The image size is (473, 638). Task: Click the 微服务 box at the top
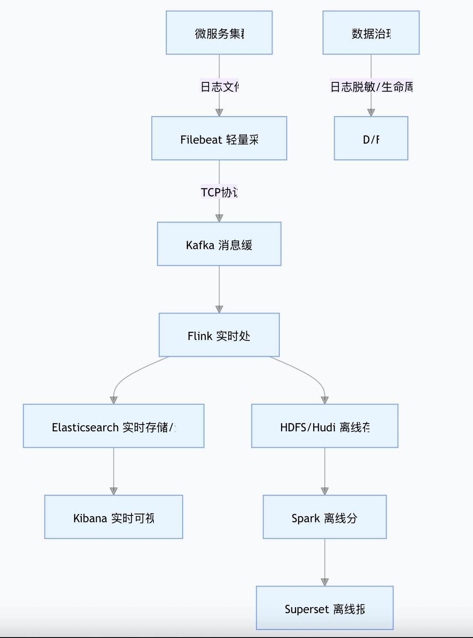point(219,33)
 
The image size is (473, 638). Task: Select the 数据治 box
point(371,33)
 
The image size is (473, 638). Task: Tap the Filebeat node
point(219,138)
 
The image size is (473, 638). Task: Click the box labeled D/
point(371,138)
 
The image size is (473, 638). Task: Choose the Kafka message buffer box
point(219,244)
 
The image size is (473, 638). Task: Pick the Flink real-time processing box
point(219,335)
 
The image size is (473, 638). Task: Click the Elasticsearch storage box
point(114,426)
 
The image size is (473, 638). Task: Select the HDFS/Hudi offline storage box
point(324,426)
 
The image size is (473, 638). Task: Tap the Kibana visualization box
point(114,517)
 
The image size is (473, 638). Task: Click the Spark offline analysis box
point(324,517)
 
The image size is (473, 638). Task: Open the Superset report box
point(324,608)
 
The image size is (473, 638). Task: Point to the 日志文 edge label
point(219,87)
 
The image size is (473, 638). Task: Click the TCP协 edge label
point(219,192)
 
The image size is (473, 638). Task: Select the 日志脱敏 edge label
point(371,87)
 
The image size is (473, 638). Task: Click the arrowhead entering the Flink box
point(219,310)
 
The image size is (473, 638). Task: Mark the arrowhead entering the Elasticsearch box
point(114,400)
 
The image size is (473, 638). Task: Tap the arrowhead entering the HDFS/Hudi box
point(325,400)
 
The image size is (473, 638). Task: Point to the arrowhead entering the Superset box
point(325,582)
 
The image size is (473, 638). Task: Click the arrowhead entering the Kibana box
point(114,491)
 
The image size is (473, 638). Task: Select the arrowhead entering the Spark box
point(325,491)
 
